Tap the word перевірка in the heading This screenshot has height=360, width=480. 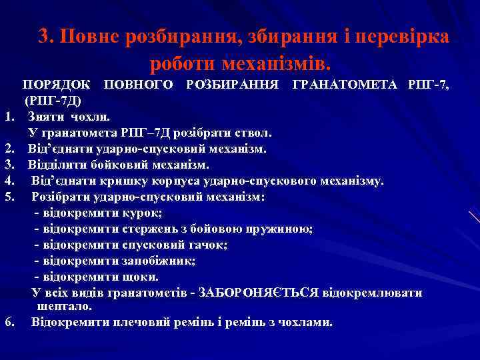(x=403, y=36)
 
